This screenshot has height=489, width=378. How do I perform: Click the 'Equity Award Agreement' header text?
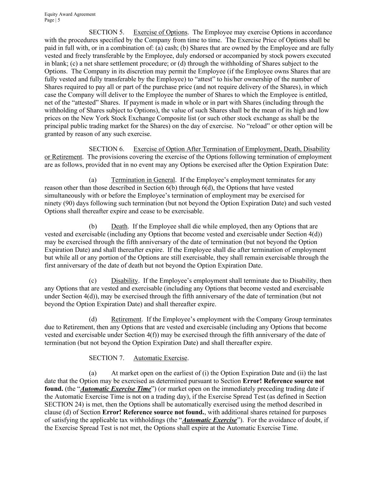[70, 14]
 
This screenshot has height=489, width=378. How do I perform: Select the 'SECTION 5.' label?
[106, 32]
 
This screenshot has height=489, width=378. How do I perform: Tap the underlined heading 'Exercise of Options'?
[160, 32]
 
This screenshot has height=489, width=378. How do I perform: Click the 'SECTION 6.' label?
[106, 149]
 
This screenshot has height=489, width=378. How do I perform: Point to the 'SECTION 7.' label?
[106, 358]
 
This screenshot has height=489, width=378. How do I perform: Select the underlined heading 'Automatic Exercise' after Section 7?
[160, 358]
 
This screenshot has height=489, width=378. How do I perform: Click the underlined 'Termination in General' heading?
[143, 180]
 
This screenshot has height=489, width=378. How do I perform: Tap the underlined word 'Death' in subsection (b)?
[119, 226]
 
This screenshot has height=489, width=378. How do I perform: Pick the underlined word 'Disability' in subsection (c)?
[124, 281]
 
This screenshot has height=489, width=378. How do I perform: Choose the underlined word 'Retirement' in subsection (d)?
[126, 319]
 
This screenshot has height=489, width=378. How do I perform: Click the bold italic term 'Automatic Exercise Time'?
[115, 389]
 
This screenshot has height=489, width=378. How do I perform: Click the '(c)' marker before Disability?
[93, 281]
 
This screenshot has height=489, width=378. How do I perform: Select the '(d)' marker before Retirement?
[93, 319]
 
